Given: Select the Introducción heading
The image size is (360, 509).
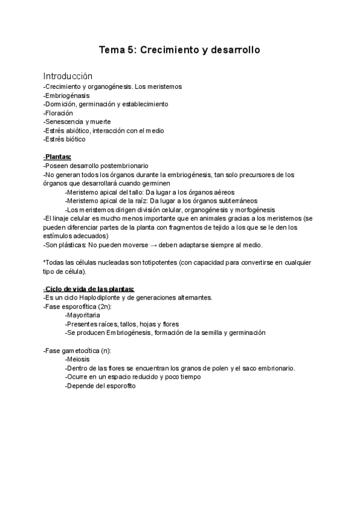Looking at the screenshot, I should pos(68,76).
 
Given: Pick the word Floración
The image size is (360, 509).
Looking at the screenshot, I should pos(59,113).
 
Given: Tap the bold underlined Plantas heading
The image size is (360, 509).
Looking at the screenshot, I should pos(58,157).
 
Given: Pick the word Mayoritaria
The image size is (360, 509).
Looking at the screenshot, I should pos(83,316).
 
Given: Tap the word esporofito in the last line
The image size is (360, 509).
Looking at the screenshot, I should pos(119,386).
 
